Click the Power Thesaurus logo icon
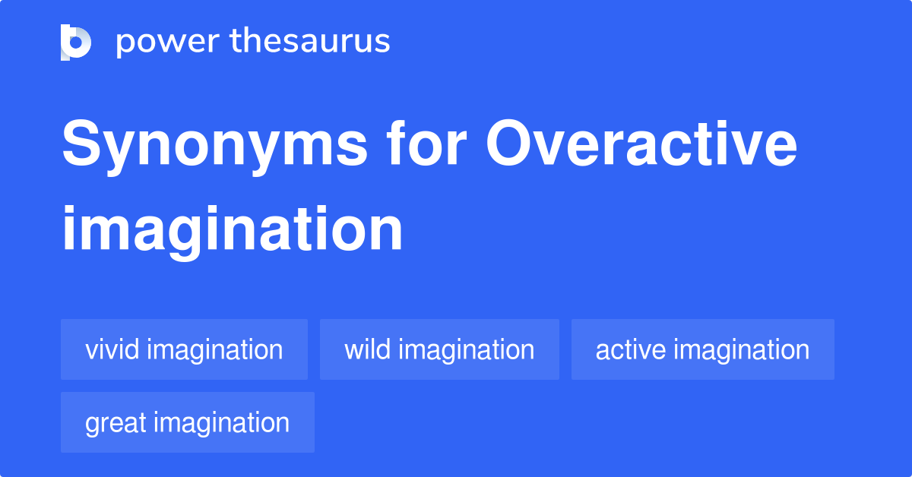pyautogui.click(x=76, y=42)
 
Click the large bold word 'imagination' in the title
pyautogui.click(x=233, y=229)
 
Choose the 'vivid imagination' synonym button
pyautogui.click(x=184, y=349)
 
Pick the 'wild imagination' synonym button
pyautogui.click(x=439, y=349)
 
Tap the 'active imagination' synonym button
pyautogui.click(x=702, y=349)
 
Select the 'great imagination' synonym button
pyautogui.click(x=187, y=422)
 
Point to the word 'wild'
pyautogui.click(x=367, y=349)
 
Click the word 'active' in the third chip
pyautogui.click(x=630, y=349)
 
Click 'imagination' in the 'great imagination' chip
pyautogui.click(x=220, y=422)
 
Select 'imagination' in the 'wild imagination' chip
pyautogui.click(x=466, y=349)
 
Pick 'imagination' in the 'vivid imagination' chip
pyautogui.click(x=214, y=349)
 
